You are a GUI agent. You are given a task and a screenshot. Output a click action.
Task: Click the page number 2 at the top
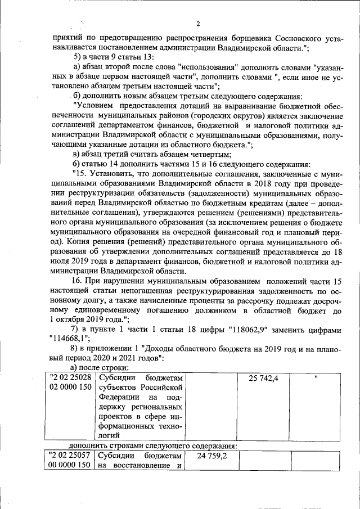pyautogui.click(x=199, y=24)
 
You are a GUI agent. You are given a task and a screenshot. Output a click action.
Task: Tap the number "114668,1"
pyautogui.click(x=73, y=338)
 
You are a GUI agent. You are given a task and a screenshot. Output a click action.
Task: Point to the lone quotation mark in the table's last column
pyautogui.click(x=316, y=377)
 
